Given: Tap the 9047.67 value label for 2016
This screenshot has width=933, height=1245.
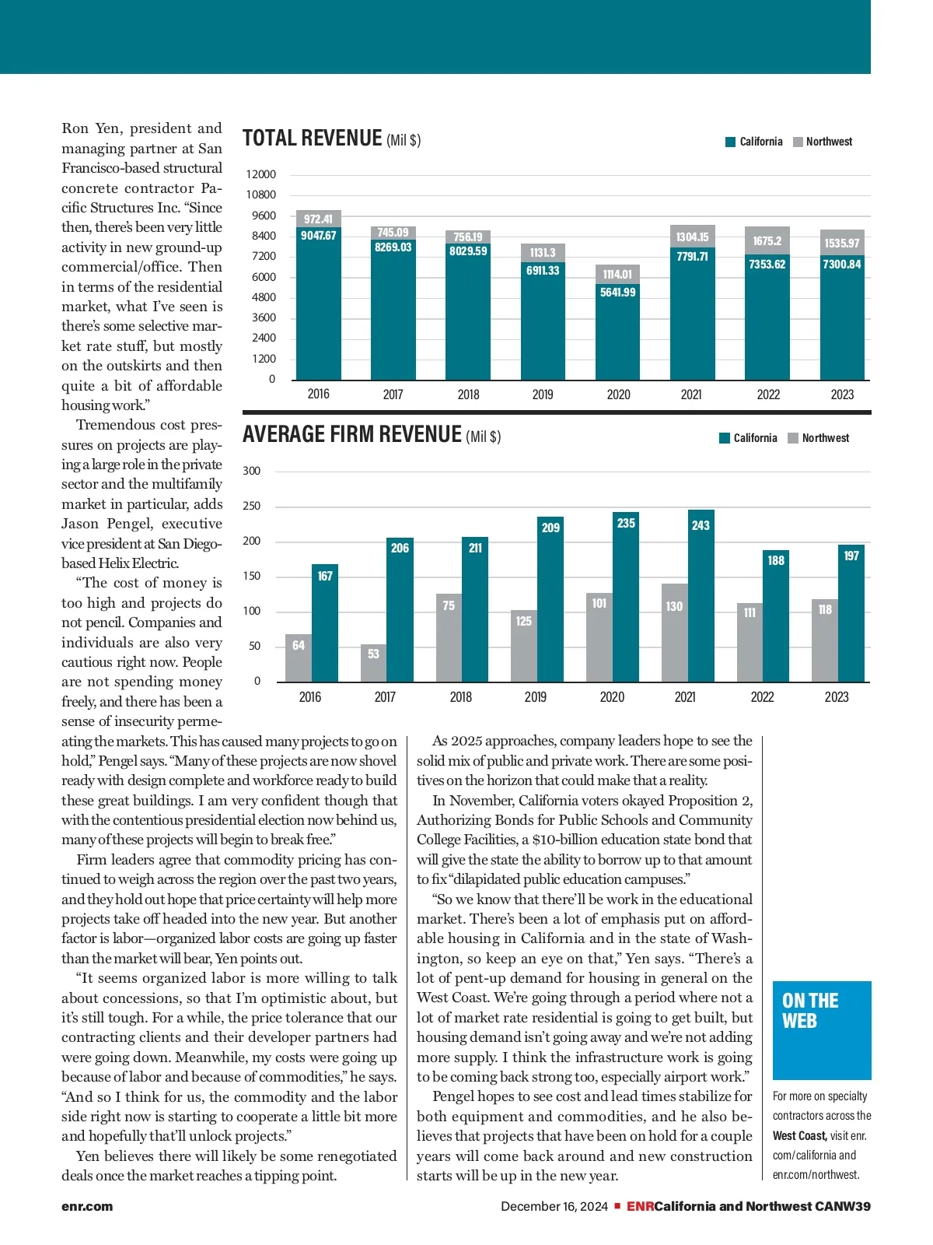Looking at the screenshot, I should (x=319, y=236).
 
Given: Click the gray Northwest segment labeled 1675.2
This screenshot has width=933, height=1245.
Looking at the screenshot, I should (x=767, y=240).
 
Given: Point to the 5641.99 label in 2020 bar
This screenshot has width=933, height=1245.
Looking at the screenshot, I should (x=618, y=293).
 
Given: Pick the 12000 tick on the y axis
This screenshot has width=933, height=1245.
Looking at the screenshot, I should (x=261, y=174).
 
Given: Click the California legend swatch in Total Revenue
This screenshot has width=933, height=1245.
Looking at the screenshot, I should (x=730, y=142).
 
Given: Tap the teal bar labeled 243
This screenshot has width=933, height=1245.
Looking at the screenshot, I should (x=701, y=595).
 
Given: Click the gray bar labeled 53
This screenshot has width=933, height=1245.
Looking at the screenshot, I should (x=373, y=663).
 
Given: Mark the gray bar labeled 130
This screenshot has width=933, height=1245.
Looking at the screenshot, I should (x=674, y=632).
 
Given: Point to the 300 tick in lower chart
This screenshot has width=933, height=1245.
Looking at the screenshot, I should (x=252, y=471).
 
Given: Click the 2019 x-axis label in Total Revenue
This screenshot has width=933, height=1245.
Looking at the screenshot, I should (x=543, y=395).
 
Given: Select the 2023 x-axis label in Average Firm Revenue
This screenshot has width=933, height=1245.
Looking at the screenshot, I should (x=837, y=697).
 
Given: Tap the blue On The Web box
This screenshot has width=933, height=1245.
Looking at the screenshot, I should (x=822, y=1029).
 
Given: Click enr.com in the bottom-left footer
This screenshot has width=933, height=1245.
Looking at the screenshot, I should (x=87, y=1207).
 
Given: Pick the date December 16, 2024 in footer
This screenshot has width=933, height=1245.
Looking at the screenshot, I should (x=554, y=1207).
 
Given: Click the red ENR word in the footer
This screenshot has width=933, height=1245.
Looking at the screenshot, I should (x=640, y=1207).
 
